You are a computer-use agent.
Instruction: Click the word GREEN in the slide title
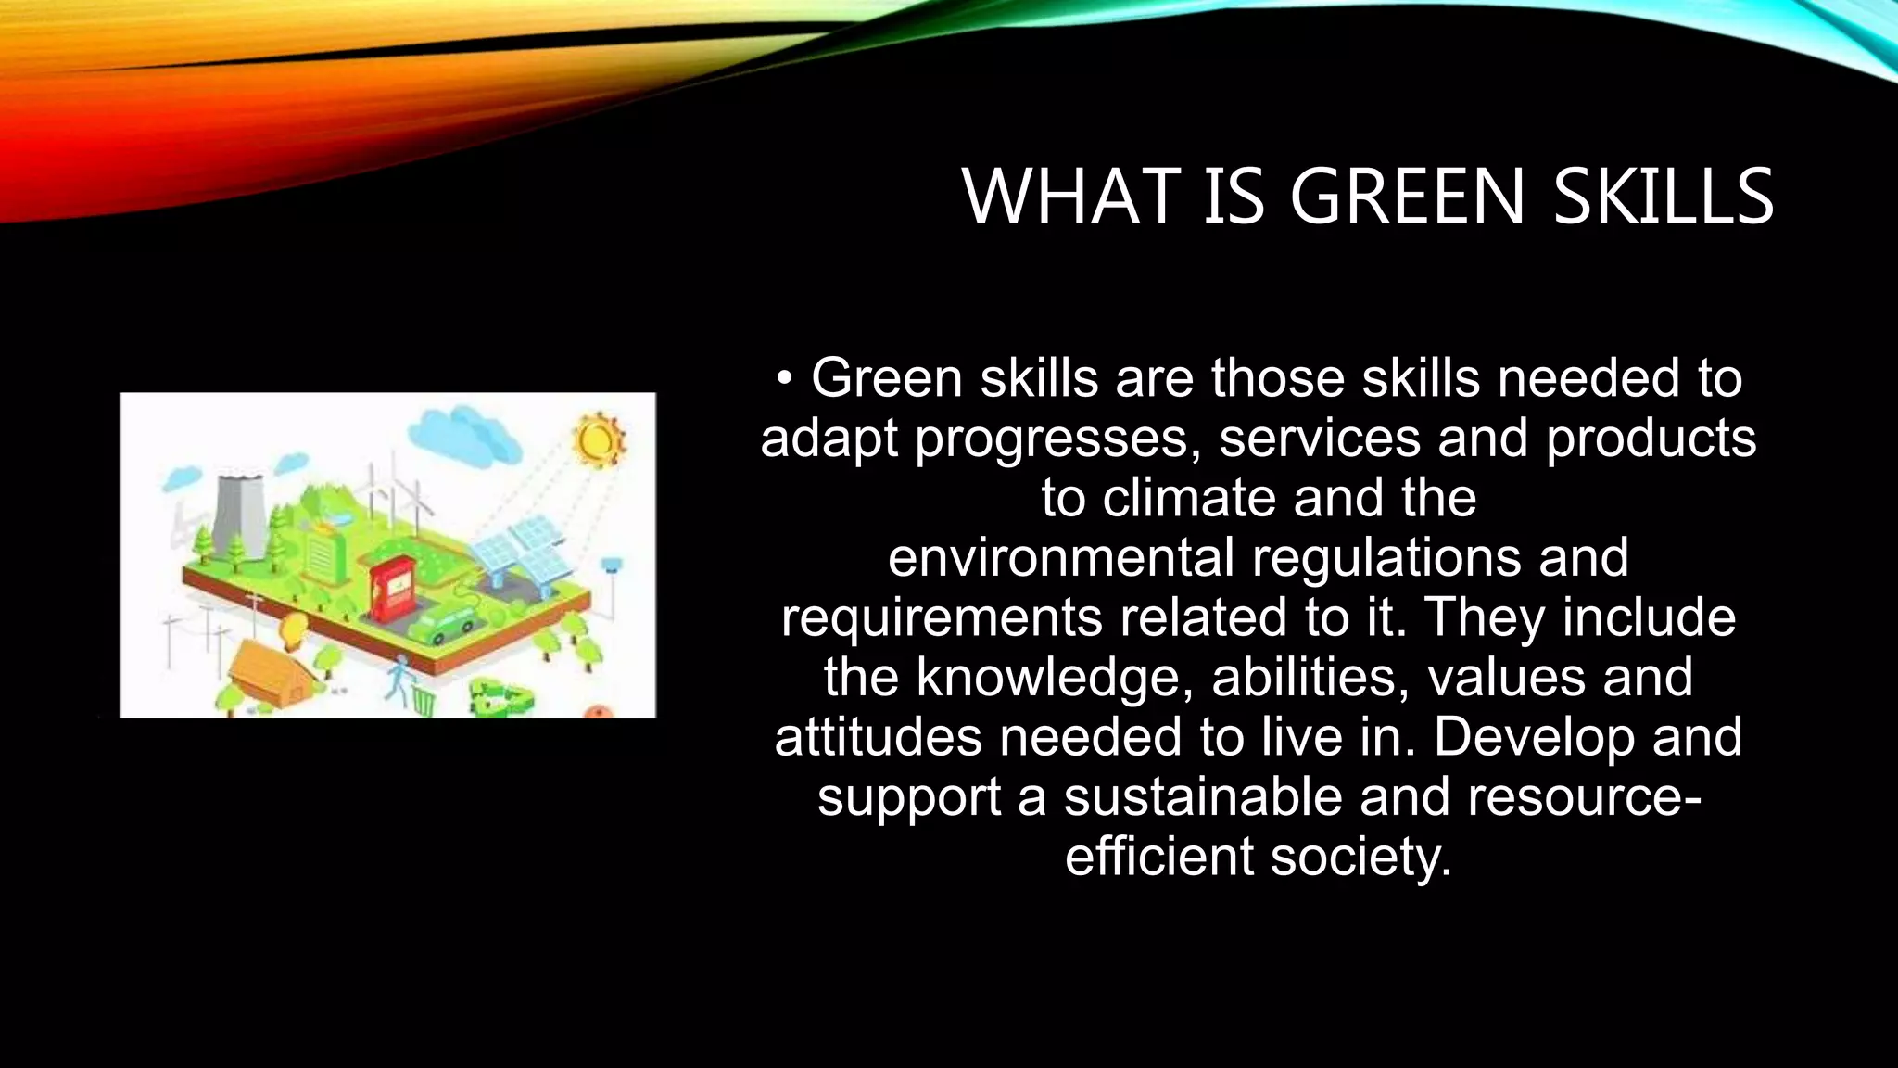(1407, 197)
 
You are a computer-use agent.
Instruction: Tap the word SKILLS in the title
(1663, 197)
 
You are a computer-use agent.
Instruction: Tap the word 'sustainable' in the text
(1202, 797)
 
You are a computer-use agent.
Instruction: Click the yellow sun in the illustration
(597, 439)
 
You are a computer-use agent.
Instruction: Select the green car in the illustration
(443, 628)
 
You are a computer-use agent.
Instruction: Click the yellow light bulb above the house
(293, 629)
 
